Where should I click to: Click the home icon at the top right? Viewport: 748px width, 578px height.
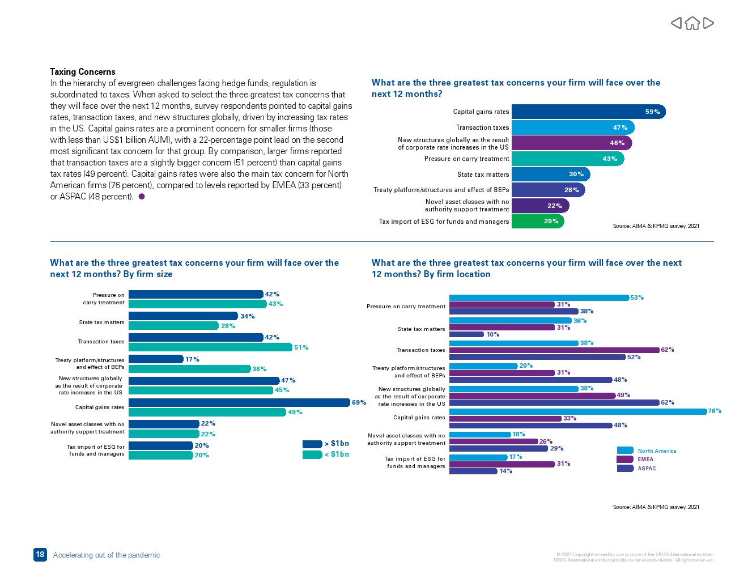tap(692, 23)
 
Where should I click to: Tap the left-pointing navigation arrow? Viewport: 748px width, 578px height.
tap(676, 23)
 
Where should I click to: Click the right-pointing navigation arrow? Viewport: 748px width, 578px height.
tap(708, 23)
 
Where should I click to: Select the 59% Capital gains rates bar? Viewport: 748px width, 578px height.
tap(588, 112)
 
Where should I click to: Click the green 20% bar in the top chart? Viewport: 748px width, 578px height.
tap(537, 221)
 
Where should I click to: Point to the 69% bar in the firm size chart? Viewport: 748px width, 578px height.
tap(239, 402)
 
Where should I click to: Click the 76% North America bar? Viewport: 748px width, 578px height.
tap(577, 411)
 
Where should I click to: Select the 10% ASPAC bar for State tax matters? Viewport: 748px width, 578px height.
tap(466, 334)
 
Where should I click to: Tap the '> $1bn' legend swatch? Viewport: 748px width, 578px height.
tap(312, 444)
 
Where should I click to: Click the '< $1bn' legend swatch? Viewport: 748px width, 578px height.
tap(312, 454)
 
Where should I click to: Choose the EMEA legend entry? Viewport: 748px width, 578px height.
tap(635, 460)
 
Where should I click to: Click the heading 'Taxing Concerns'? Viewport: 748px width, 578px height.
tap(83, 72)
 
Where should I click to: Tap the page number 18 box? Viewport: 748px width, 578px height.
tap(40, 555)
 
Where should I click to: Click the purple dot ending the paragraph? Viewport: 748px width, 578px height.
tap(142, 197)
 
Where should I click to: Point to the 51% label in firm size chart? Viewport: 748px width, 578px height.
tap(301, 347)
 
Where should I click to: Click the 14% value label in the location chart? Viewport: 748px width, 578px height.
tap(505, 471)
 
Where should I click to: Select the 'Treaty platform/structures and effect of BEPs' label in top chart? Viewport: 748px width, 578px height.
tap(441, 190)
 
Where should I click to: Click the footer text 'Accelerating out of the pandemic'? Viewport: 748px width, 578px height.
tap(107, 555)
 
